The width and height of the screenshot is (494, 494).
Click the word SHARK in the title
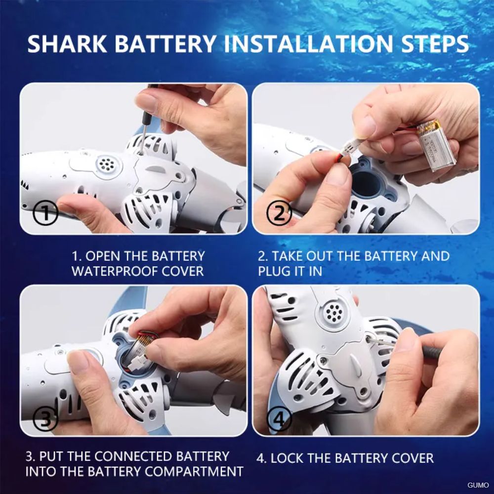pos(67,43)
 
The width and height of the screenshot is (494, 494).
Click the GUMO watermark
pos(478,485)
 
